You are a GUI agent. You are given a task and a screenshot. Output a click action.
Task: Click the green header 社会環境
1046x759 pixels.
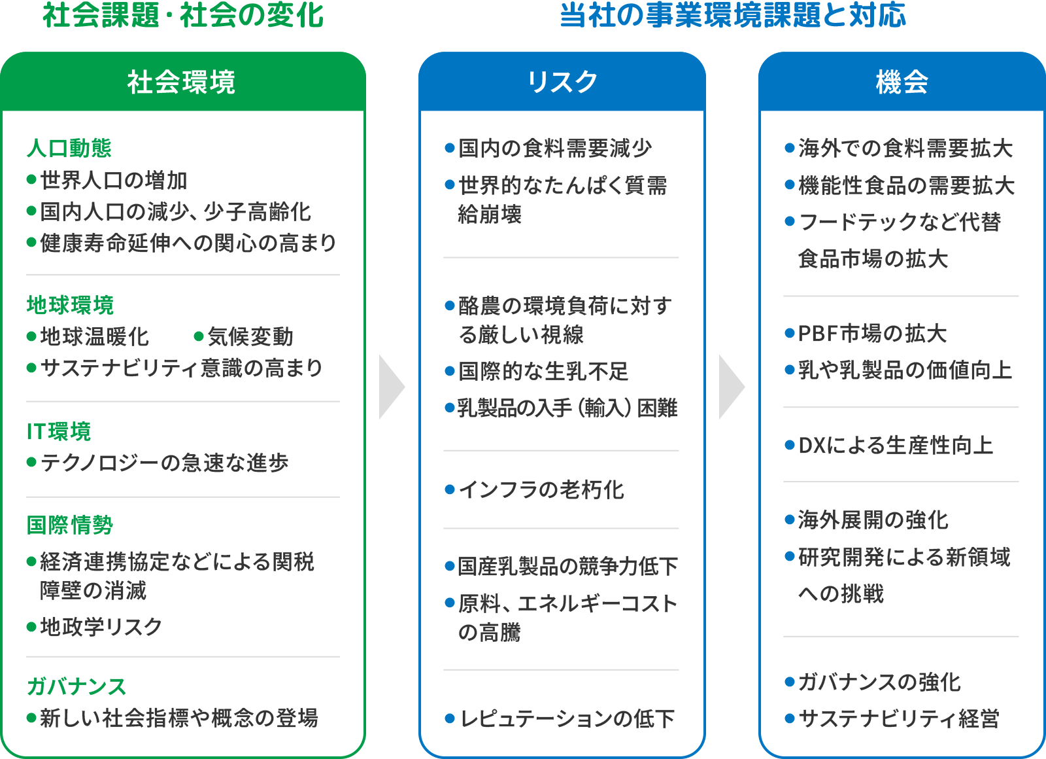[182, 82]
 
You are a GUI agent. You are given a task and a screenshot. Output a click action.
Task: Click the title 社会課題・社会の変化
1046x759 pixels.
[183, 16]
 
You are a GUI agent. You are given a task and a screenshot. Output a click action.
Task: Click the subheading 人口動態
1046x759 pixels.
[69, 149]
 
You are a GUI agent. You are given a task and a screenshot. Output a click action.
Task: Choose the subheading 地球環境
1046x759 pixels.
[71, 305]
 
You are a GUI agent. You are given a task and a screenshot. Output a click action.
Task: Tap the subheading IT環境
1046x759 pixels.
[59, 432]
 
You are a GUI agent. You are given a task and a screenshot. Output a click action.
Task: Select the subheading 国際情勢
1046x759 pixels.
[70, 525]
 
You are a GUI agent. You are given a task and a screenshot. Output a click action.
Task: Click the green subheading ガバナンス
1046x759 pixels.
[76, 686]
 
